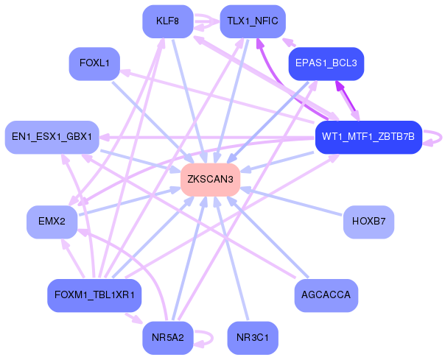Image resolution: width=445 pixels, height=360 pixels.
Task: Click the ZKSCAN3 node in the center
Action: tap(210, 180)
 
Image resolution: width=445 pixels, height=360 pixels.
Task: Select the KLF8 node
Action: tap(168, 21)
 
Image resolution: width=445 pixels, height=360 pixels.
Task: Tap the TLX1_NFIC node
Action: tap(253, 21)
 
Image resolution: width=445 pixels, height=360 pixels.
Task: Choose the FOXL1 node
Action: tap(94, 63)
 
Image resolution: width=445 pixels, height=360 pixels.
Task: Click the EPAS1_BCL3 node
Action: tap(326, 63)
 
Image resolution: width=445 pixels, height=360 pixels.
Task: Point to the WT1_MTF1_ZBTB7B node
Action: tap(368, 138)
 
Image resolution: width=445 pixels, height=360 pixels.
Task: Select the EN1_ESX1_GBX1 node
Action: tap(52, 138)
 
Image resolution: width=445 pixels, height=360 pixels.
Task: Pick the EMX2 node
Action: tap(52, 222)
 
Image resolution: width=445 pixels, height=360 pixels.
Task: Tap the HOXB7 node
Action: tap(368, 222)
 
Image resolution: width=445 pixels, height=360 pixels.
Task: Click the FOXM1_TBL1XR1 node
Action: tap(94, 296)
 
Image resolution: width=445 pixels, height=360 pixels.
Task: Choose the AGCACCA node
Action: tap(326, 296)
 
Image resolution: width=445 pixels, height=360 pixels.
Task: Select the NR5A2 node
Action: tap(168, 338)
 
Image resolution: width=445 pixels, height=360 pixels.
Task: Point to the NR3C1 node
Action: tap(253, 338)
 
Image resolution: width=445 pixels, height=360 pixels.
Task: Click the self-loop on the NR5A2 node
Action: tap(212, 338)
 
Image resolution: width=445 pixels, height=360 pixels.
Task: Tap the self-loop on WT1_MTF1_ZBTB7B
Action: tap(441, 138)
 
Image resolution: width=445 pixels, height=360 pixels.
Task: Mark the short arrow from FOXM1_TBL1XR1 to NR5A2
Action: tap(133, 319)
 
